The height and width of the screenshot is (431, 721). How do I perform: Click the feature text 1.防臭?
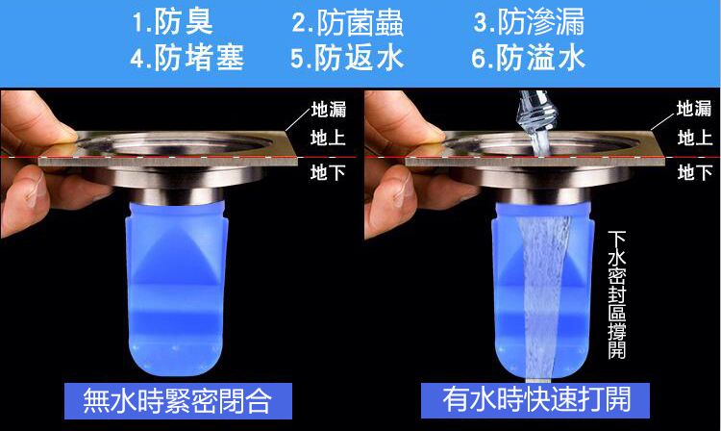click(173, 22)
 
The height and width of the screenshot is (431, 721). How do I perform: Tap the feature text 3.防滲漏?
click(530, 22)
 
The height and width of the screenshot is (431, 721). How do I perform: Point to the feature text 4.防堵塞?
click(186, 58)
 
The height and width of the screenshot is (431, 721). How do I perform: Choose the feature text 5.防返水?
click(347, 58)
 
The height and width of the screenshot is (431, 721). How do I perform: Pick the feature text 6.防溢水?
click(529, 58)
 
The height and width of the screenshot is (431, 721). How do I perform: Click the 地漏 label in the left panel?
click(329, 110)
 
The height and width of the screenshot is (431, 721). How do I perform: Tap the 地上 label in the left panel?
click(328, 138)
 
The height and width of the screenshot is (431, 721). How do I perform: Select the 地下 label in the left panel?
click(328, 172)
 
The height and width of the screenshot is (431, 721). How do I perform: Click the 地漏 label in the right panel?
click(694, 109)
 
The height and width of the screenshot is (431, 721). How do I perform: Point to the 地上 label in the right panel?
click(694, 138)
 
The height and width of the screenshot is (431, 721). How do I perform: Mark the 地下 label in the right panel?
click(694, 172)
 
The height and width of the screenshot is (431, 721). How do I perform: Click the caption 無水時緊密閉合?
click(178, 400)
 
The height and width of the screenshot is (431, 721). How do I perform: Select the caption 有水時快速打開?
click(536, 399)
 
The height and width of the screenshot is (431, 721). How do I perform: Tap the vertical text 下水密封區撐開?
click(617, 294)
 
